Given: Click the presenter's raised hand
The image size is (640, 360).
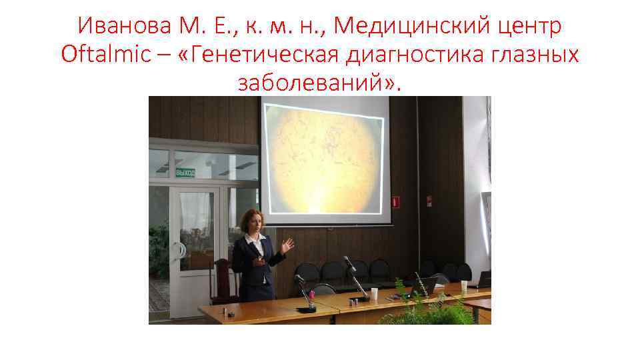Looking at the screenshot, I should [287, 246].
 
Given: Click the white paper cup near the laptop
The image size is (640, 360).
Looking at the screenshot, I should [464, 287].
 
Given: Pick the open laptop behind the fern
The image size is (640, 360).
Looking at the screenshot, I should [424, 285].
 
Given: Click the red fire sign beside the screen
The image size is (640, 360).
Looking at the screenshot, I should [395, 200].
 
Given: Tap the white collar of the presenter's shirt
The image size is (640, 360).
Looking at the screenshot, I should [255, 237].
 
